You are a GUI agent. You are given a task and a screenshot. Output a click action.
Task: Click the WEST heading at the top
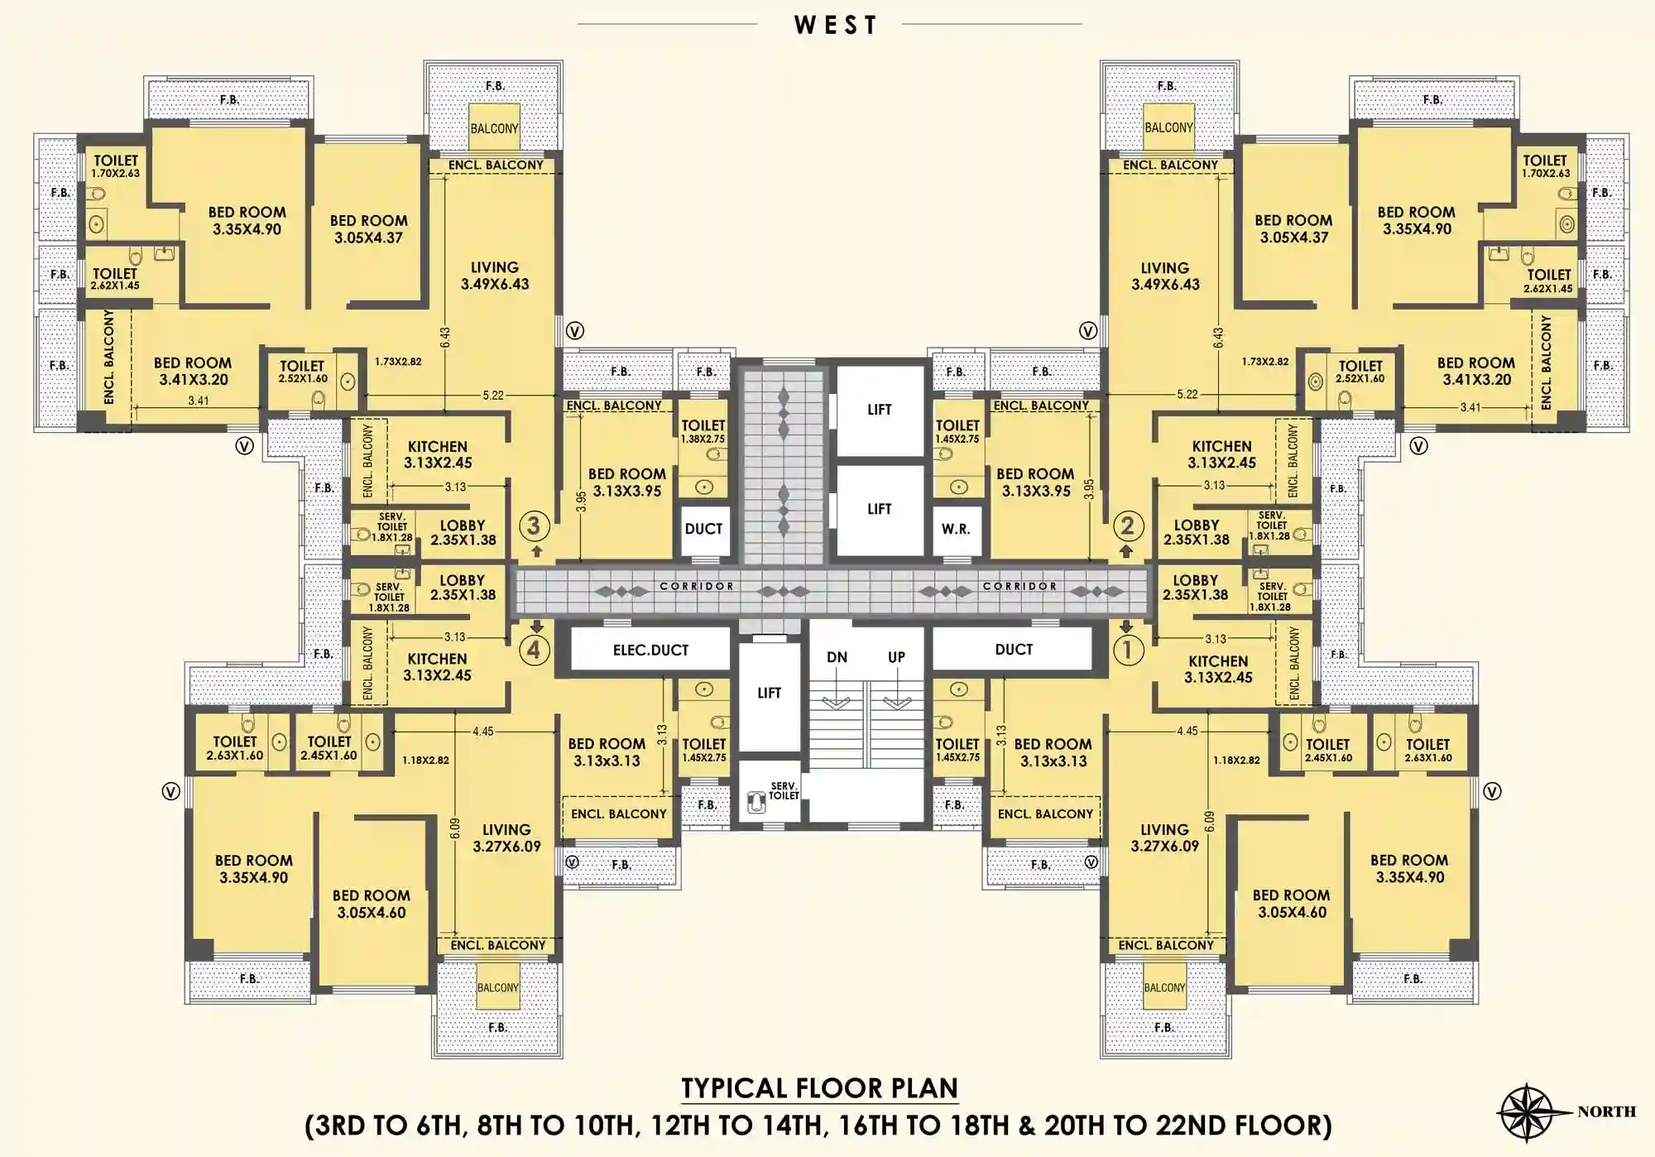835,26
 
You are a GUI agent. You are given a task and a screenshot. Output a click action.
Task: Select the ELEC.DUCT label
650,651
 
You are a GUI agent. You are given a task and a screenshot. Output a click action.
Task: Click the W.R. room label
956,529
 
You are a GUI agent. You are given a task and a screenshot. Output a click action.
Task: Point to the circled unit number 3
534,526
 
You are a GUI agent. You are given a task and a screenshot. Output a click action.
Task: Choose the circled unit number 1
1126,651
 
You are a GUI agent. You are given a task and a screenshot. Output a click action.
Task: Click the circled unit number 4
534,651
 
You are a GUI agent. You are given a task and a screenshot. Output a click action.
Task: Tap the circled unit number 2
1126,526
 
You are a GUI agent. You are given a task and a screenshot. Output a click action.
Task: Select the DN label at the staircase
837,657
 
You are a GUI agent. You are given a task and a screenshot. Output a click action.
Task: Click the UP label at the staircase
896,657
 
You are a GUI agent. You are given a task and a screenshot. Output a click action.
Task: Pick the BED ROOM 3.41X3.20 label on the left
193,372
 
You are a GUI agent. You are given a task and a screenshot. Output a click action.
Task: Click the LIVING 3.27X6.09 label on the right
1164,838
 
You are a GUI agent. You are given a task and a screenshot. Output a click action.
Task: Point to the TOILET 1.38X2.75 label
703,431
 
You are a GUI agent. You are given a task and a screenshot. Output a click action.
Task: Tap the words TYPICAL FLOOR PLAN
819,1087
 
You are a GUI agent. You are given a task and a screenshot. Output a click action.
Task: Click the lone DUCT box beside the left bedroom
703,529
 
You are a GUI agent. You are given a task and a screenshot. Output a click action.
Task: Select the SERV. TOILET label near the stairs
784,790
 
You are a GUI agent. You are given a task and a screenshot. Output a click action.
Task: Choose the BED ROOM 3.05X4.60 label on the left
372,904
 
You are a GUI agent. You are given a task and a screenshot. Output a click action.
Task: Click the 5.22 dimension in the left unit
493,395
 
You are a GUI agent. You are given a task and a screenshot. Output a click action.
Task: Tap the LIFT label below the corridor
769,693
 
